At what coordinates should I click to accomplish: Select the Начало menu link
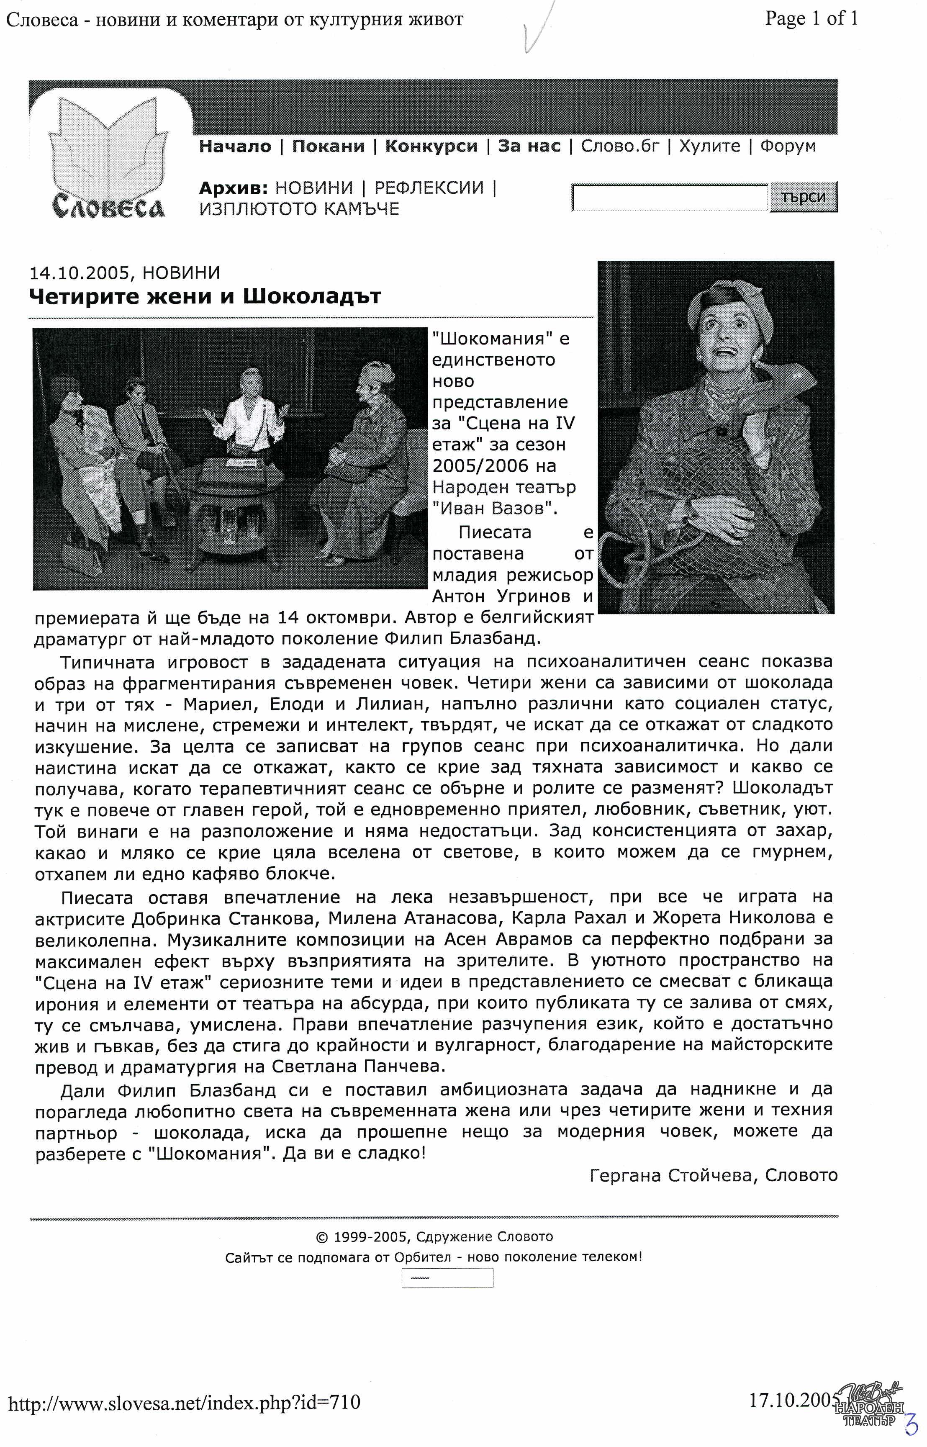point(235,146)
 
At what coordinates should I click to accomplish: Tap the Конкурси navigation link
point(431,146)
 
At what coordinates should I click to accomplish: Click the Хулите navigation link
point(710,146)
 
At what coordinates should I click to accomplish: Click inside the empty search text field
point(669,198)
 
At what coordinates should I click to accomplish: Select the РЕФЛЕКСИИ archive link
point(429,188)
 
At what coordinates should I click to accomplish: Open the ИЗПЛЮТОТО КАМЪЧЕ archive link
point(299,209)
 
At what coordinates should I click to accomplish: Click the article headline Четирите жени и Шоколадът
point(205,297)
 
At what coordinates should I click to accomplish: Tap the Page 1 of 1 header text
point(811,19)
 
